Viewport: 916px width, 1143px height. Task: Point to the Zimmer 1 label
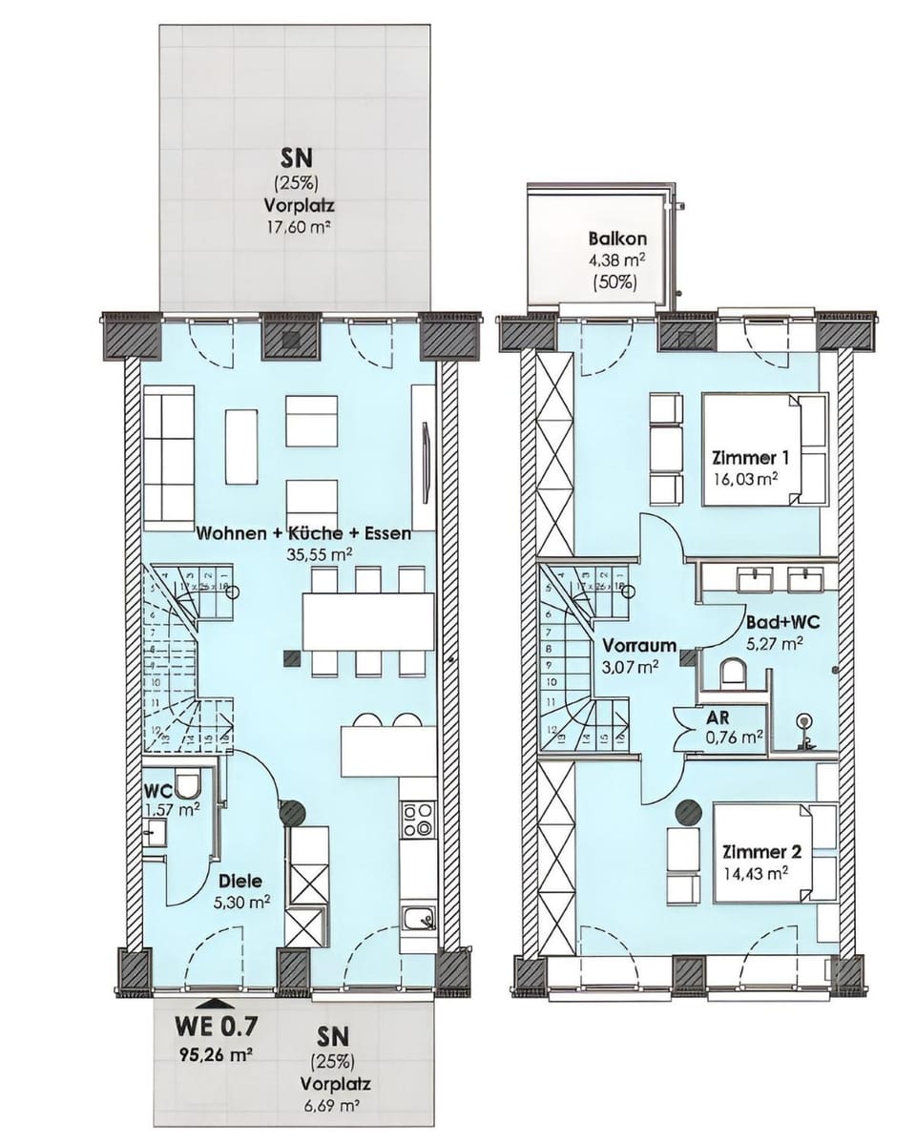coord(755,456)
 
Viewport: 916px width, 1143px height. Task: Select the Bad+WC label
coord(783,622)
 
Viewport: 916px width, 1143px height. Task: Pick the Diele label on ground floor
coord(239,882)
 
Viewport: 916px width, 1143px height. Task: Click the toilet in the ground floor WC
coord(188,785)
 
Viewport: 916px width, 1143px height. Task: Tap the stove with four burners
coord(418,820)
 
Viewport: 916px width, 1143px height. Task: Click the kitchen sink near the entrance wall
coord(418,919)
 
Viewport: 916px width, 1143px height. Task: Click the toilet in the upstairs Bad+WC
coord(733,673)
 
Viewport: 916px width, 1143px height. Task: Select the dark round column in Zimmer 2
coord(687,812)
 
